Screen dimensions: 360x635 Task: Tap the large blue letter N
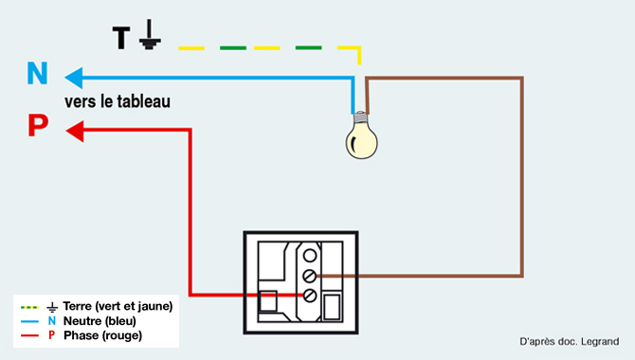pos(37,74)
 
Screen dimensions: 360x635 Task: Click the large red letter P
pos(37,126)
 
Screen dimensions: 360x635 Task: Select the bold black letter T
pos(121,38)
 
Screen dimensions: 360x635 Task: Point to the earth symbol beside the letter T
pos(150,38)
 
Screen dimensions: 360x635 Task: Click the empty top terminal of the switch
pos(310,254)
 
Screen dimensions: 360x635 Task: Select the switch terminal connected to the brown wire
pos(310,276)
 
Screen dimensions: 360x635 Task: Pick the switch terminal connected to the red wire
pos(310,297)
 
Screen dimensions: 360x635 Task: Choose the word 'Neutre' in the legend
pos(82,321)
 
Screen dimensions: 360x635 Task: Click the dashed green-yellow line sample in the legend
pos(28,307)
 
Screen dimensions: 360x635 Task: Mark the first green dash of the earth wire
pos(232,46)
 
